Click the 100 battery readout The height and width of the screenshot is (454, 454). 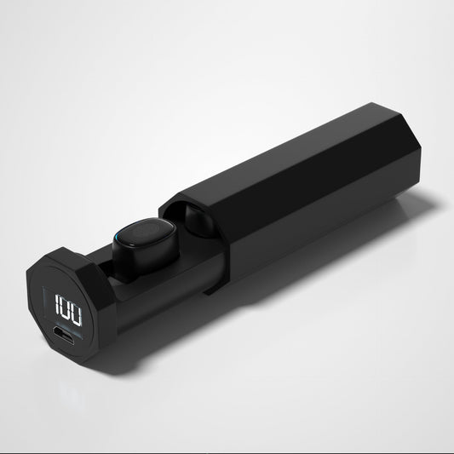click(69, 308)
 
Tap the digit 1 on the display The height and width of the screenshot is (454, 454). click(57, 303)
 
